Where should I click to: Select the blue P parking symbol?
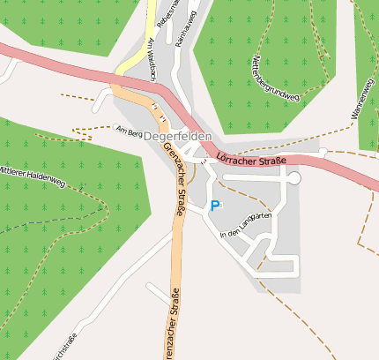click(214, 206)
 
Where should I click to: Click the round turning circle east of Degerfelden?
click(294, 178)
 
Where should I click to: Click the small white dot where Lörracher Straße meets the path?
click(323, 153)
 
